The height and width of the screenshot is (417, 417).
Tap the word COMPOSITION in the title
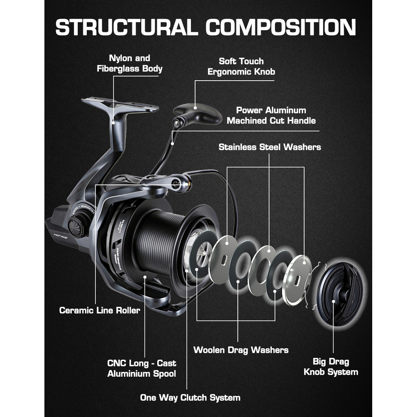281,27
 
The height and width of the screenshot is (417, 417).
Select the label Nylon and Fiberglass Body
129,64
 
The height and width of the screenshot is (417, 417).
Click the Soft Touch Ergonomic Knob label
241,66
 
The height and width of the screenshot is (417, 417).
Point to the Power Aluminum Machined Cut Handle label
271,115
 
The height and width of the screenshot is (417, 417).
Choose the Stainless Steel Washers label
270,147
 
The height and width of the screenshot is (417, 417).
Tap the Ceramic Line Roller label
100,310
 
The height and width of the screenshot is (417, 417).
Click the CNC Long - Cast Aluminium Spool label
142,368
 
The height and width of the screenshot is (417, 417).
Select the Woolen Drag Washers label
241,350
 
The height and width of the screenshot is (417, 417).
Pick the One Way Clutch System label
190,397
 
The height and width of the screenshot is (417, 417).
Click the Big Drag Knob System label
331,367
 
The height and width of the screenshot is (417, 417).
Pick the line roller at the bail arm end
183,184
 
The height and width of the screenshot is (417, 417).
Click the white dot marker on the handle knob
195,108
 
